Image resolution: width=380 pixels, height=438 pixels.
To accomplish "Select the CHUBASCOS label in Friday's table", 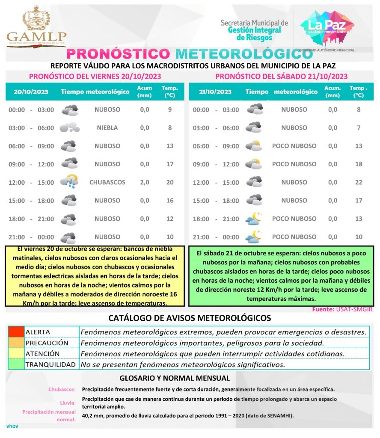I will coord(107,182).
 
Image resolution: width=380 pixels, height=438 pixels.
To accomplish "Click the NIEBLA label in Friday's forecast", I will coord(107,127).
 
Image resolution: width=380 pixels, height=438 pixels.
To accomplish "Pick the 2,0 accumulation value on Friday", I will coord(145,182).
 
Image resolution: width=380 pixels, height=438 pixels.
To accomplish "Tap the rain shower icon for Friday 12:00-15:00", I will coord(69,182).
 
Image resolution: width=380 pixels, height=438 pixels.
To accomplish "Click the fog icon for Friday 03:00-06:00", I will coord(69,127).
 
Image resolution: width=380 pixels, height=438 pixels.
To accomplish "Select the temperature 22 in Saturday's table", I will coord(359,182).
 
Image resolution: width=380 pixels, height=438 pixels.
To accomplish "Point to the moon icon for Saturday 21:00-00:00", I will coord(254,237).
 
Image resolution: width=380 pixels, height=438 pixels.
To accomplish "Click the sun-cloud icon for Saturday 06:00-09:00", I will coord(254,146).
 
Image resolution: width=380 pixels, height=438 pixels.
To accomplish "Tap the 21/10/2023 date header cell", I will coord(215,92).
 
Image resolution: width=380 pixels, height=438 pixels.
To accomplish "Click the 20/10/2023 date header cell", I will coord(31,92).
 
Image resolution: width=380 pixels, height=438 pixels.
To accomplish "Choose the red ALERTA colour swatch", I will coord(16,332).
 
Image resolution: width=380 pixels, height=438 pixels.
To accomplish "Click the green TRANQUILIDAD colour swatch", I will coord(16,365).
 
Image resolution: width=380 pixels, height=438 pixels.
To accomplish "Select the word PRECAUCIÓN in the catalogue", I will coord(47,343).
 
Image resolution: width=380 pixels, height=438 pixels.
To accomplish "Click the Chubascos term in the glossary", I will coord(62,389).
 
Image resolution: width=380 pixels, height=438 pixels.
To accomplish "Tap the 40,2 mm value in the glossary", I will coord(91,416).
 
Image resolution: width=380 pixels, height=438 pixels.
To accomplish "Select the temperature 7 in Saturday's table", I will coord(359,127).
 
